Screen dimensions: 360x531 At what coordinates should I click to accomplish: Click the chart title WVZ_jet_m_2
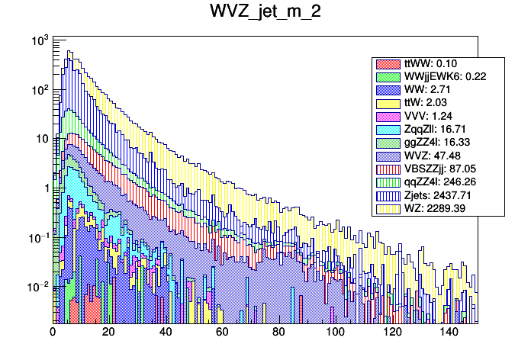(265, 14)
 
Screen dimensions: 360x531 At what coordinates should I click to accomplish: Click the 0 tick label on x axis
(53, 333)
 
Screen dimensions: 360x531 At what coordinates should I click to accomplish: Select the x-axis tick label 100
(336, 333)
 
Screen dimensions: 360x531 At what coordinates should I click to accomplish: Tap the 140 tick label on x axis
(449, 333)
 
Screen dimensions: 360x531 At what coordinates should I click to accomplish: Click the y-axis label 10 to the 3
(38, 40)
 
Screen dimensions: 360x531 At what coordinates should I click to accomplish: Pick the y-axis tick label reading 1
(45, 188)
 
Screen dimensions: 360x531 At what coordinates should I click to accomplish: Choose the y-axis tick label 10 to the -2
(37, 286)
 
